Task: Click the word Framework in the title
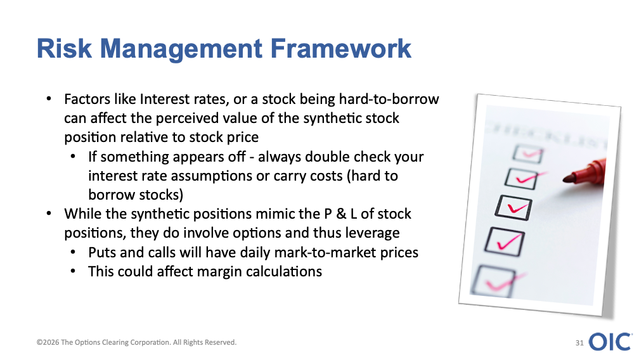(340, 48)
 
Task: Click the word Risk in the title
(64, 48)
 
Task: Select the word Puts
(102, 252)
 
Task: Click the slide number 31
(579, 343)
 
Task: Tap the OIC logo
(610, 342)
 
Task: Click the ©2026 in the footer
(48, 342)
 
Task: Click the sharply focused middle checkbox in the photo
(513, 208)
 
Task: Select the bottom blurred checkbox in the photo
(494, 281)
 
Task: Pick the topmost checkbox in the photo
(528, 154)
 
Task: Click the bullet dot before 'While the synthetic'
(49, 214)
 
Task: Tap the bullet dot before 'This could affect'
(73, 271)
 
